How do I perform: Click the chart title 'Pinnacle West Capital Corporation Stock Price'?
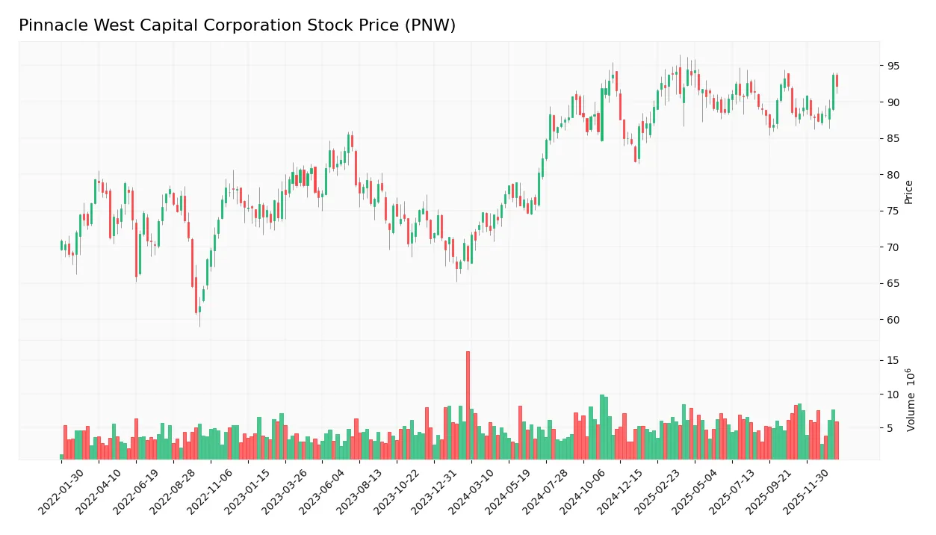(x=237, y=25)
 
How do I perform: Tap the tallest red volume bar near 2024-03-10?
(x=468, y=405)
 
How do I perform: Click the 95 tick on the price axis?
(x=893, y=66)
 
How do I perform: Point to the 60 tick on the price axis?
(x=893, y=320)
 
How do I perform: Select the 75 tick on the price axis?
(x=893, y=211)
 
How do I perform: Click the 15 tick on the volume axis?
(x=893, y=360)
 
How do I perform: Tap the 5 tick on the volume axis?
(x=890, y=428)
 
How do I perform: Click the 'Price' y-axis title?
(x=909, y=192)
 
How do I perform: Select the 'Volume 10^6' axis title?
(x=911, y=400)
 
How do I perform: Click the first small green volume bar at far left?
(x=61, y=457)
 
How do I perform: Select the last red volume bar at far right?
(x=837, y=441)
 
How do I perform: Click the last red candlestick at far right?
(x=837, y=81)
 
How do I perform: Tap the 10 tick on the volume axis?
(x=893, y=394)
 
